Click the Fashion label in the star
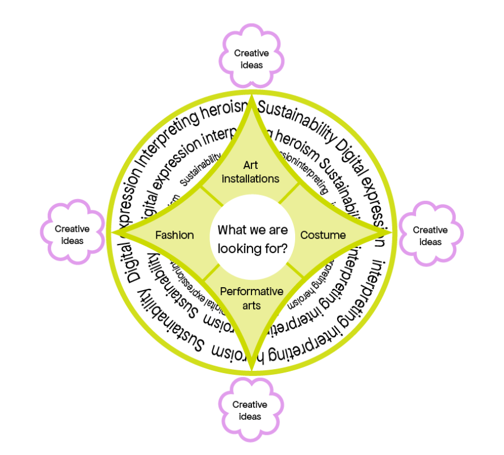[175, 235]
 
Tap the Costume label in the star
[323, 235]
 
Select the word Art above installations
[250, 165]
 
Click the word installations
[250, 179]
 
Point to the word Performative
[251, 291]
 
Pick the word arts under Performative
[251, 306]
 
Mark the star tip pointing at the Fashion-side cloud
[114, 232]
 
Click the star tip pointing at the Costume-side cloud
[389, 232]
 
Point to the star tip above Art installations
[253, 99]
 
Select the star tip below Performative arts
[252, 367]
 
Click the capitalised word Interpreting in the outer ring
[166, 132]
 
